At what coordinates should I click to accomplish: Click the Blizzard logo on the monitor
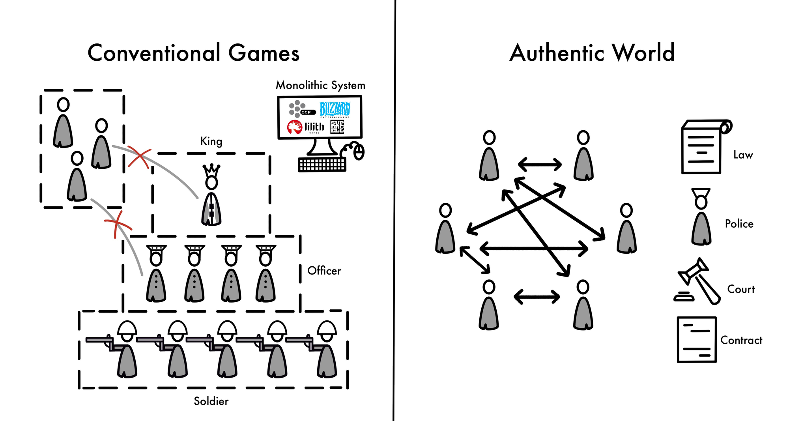[x=335, y=109]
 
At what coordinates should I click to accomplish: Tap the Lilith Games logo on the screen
[x=306, y=127]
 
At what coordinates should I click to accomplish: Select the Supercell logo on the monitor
[x=337, y=127]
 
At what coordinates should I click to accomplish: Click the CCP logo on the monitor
[x=301, y=109]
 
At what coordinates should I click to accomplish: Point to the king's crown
[x=211, y=170]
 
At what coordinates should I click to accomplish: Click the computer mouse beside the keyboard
[x=359, y=152]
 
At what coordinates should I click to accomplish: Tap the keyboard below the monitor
[x=322, y=165]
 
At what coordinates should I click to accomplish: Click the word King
[x=211, y=141]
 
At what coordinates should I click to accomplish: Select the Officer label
[x=324, y=271]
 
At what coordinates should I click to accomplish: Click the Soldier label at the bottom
[x=211, y=401]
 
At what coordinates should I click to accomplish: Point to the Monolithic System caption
[x=320, y=85]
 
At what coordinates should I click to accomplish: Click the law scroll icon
[x=704, y=147]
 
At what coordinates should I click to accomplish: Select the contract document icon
[x=697, y=339]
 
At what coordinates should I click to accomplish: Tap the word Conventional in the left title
[x=154, y=53]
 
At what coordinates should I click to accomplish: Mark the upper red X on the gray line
[x=139, y=158]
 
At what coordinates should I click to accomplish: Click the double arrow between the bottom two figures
[x=537, y=297]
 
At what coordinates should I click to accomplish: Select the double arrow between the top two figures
[x=540, y=164]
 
